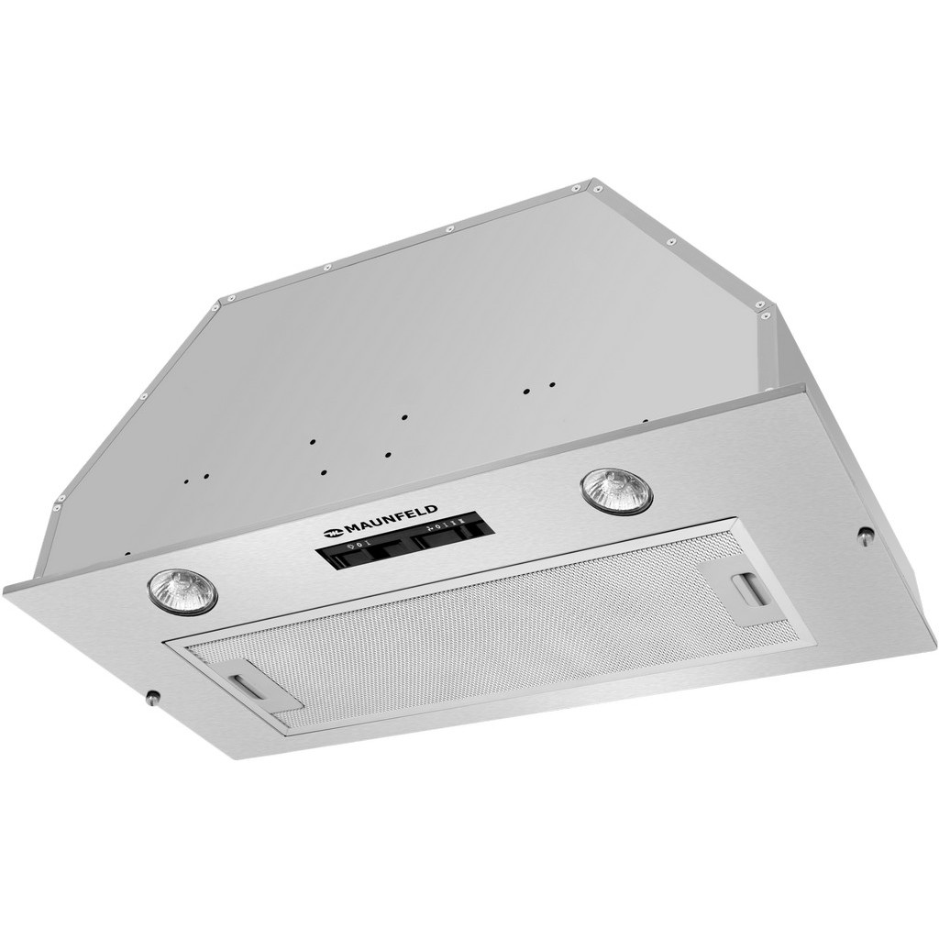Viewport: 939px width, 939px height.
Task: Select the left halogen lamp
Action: [x=182, y=591]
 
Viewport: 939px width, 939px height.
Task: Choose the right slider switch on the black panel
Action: [x=449, y=536]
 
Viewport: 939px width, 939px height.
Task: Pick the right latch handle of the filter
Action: [x=749, y=589]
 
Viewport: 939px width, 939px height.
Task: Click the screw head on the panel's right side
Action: [x=865, y=536]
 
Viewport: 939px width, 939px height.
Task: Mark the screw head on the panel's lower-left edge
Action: [x=152, y=697]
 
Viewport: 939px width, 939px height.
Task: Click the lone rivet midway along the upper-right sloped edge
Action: [x=671, y=242]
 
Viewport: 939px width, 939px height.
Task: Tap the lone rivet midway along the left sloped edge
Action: [x=143, y=397]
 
